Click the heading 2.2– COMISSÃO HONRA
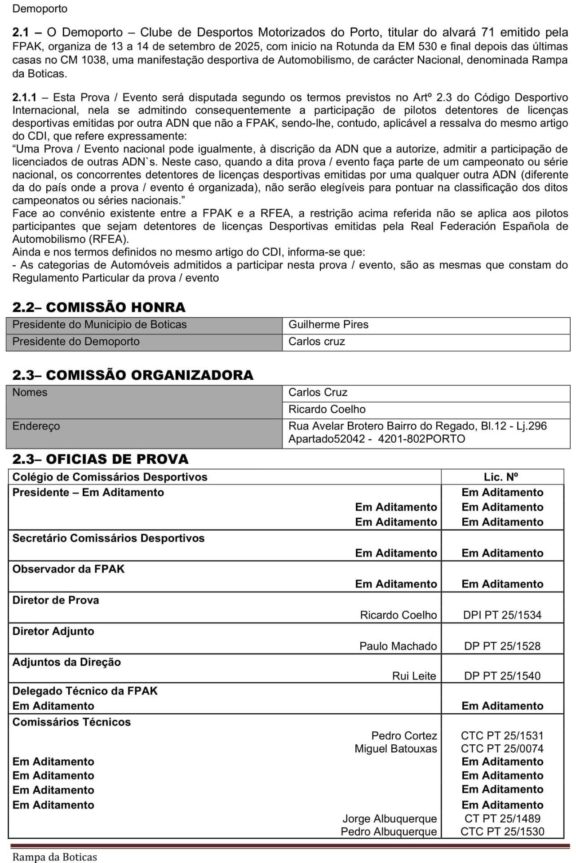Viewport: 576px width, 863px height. pos(99,307)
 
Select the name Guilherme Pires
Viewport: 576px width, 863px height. pos(328,325)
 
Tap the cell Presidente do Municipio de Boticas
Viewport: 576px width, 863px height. pos(99,325)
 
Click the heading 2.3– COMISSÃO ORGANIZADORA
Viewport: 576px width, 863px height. pos(133,375)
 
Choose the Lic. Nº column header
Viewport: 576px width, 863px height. pos(502,477)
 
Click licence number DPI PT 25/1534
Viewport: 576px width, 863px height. pos(502,615)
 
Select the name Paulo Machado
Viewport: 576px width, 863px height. pos(398,646)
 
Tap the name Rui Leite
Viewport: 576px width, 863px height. pos(414,676)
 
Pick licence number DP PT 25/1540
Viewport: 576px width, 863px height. pos(502,676)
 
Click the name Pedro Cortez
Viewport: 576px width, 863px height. pos(404,735)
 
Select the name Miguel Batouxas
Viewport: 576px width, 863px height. pos(396,748)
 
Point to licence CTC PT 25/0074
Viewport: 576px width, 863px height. pos(502,748)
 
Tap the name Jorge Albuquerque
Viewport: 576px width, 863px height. pos(390,819)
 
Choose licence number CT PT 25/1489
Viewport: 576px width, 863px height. pos(502,819)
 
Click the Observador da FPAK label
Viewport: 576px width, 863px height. pos(68,569)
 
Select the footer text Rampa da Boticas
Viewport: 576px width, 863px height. pos(54,857)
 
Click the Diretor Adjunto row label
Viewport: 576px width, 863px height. pos(53,631)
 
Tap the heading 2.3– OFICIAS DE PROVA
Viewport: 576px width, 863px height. pos(100,459)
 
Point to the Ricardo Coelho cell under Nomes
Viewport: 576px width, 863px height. pos(327,409)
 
